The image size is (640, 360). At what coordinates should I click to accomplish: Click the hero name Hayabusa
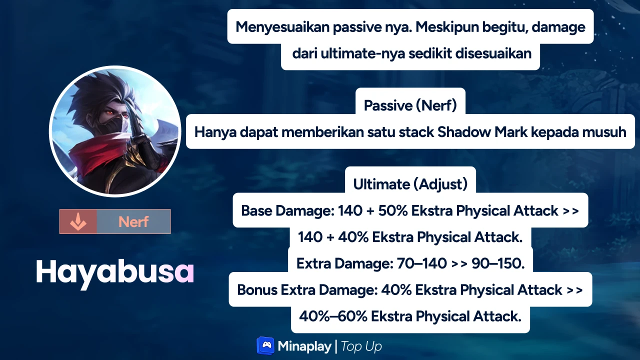tap(114, 272)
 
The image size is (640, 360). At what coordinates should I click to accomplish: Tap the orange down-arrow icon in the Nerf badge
tap(77, 221)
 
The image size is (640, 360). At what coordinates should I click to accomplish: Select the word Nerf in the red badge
tap(133, 221)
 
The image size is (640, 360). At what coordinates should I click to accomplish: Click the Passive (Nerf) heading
tap(410, 105)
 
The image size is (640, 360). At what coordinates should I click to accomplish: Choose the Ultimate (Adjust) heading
tap(410, 184)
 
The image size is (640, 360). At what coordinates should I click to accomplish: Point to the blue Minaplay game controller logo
tap(265, 346)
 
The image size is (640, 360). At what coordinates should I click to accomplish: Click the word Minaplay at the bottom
tap(304, 346)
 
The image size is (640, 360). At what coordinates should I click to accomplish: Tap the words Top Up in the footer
tap(361, 346)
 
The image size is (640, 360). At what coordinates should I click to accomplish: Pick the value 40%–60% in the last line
tap(333, 316)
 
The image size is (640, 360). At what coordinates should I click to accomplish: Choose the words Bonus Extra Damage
tap(307, 289)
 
